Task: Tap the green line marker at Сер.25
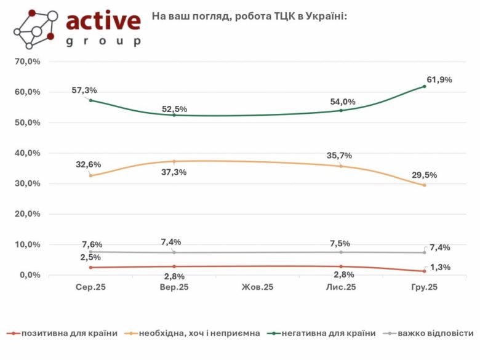[x=90, y=100]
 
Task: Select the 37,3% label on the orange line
[x=174, y=172]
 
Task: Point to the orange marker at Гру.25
[x=425, y=185]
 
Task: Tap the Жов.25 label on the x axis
[x=257, y=287]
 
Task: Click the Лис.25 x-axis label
[x=341, y=287]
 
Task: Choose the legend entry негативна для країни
[x=329, y=334]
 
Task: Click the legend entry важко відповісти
[x=435, y=334]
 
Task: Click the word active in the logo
[x=103, y=21]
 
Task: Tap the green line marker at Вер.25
[x=174, y=115]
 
